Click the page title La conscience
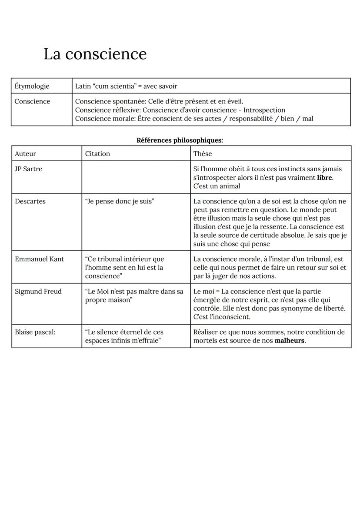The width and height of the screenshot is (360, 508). pyautogui.click(x=95, y=54)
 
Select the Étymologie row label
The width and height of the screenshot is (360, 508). pyautogui.click(x=32, y=86)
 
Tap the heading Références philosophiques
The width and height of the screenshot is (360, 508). pyautogui.click(x=180, y=140)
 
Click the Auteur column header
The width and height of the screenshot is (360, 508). pyautogui.click(x=26, y=153)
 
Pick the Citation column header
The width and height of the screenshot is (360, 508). pyautogui.click(x=97, y=153)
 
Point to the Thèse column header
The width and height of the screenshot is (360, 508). pyautogui.click(x=203, y=153)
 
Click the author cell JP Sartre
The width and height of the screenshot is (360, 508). pyautogui.click(x=29, y=169)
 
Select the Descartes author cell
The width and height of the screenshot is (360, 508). pyautogui.click(x=30, y=201)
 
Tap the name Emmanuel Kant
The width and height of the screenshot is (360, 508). pyautogui.click(x=39, y=259)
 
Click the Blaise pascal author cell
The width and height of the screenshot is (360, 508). pyautogui.click(x=35, y=332)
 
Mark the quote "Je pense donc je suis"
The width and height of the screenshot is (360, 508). pyautogui.click(x=120, y=201)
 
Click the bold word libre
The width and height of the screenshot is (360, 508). pyautogui.click(x=325, y=178)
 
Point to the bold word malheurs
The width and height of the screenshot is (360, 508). pyautogui.click(x=290, y=341)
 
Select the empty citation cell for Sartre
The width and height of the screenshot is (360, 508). pyautogui.click(x=136, y=177)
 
